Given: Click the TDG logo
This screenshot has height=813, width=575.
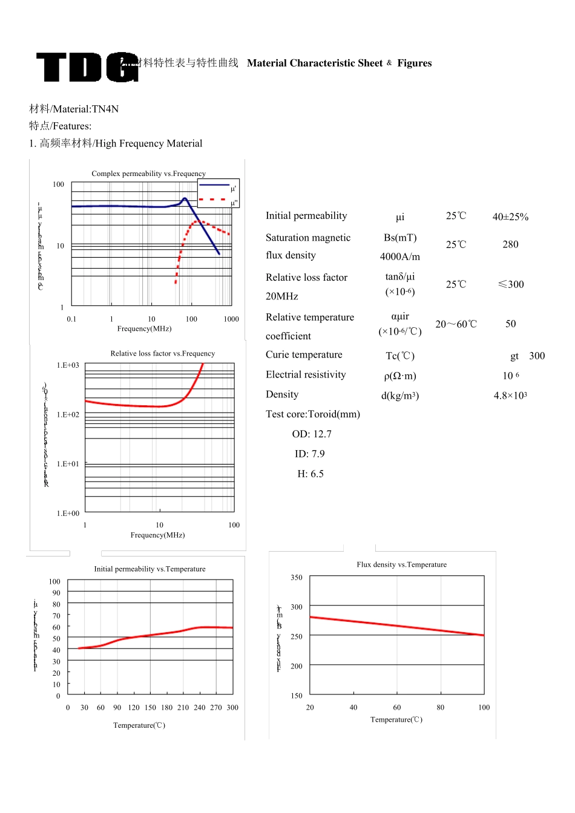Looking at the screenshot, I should click(x=87, y=67).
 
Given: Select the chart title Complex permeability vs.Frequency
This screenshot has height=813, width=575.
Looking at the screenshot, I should click(x=148, y=174).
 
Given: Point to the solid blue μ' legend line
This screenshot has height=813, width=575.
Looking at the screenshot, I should click(x=213, y=184).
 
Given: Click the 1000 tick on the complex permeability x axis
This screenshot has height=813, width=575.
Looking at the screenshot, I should click(x=231, y=319).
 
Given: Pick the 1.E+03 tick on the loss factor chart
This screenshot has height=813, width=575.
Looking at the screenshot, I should click(x=68, y=365).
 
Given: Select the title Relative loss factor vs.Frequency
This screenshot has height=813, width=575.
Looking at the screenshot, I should click(x=162, y=353).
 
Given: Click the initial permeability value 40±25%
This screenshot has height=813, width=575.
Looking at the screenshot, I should click(x=510, y=217).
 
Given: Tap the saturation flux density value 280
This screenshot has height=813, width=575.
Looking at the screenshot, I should click(x=510, y=244).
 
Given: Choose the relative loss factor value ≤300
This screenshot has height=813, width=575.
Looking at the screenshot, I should click(x=510, y=284).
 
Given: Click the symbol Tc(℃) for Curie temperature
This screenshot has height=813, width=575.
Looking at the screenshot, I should click(x=400, y=356).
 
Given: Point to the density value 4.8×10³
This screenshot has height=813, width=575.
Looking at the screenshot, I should click(x=510, y=396).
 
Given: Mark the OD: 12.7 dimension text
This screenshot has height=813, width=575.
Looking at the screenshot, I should click(x=312, y=434).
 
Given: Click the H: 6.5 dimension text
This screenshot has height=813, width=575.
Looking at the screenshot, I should click(x=310, y=474).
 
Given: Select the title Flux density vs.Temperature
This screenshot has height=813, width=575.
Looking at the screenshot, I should click(x=401, y=564).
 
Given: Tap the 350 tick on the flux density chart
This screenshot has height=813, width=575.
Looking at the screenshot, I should click(x=297, y=578).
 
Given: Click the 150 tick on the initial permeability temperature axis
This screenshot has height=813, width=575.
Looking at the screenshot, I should click(x=150, y=707).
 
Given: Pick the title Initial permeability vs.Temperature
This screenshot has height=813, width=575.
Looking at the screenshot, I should click(x=149, y=569).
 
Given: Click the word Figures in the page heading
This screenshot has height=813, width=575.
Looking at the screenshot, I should click(x=415, y=63).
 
